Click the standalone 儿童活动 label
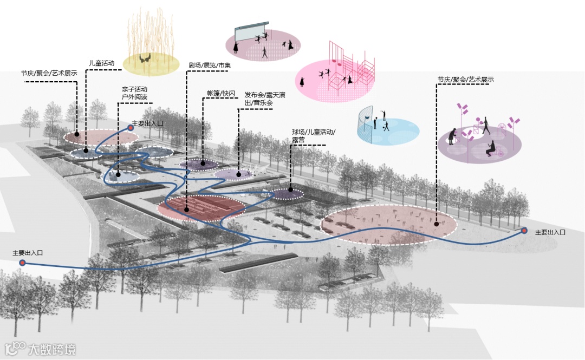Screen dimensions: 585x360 pyautogui.click(x=102, y=63)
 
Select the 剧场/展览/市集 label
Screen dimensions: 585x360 pyautogui.click(x=210, y=66)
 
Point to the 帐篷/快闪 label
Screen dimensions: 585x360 pyautogui.click(x=222, y=93)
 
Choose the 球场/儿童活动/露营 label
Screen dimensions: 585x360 pyautogui.click(x=314, y=135)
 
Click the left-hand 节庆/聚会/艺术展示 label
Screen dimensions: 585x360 pyautogui.click(x=49, y=73)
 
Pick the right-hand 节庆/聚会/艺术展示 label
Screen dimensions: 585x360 pyautogui.click(x=466, y=80)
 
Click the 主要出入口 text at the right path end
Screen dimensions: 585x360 pyautogui.click(x=550, y=232)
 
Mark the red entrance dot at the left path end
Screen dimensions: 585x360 pyautogui.click(x=22, y=263)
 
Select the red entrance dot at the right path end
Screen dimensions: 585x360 pyautogui.click(x=524, y=231)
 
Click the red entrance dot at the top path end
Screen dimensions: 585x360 pyautogui.click(x=131, y=128)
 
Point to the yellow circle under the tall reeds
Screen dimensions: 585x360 pyautogui.click(x=151, y=64)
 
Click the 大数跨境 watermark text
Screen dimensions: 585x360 pyautogui.click(x=52, y=349)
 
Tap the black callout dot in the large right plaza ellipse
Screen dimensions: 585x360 pyautogui.click(x=436, y=223)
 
